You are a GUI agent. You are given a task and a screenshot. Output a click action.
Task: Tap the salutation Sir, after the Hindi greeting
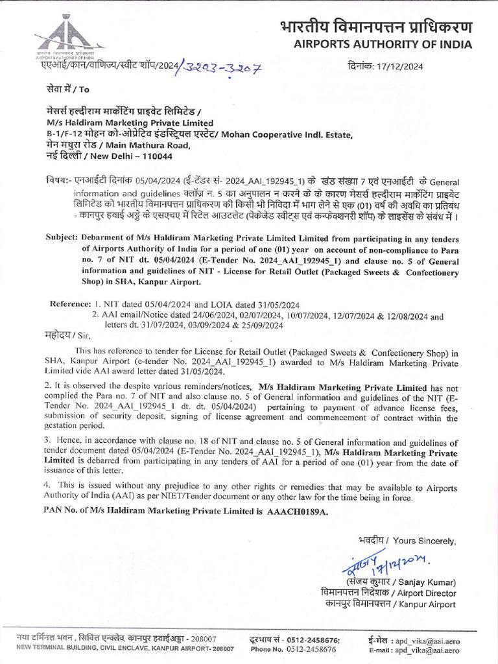coord(84,336)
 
